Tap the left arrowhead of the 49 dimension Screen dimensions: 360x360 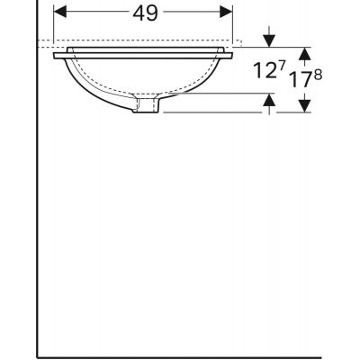point(59,12)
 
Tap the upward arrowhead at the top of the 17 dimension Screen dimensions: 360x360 point(305,51)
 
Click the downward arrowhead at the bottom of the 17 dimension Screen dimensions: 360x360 point(305,107)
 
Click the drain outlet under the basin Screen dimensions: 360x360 point(146,106)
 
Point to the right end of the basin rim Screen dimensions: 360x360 point(236,55)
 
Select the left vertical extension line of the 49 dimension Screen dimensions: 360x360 point(54,22)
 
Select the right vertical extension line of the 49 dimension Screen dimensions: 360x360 point(233,22)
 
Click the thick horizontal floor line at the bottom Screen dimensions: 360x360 point(180,354)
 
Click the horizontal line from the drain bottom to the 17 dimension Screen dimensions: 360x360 point(234,112)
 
